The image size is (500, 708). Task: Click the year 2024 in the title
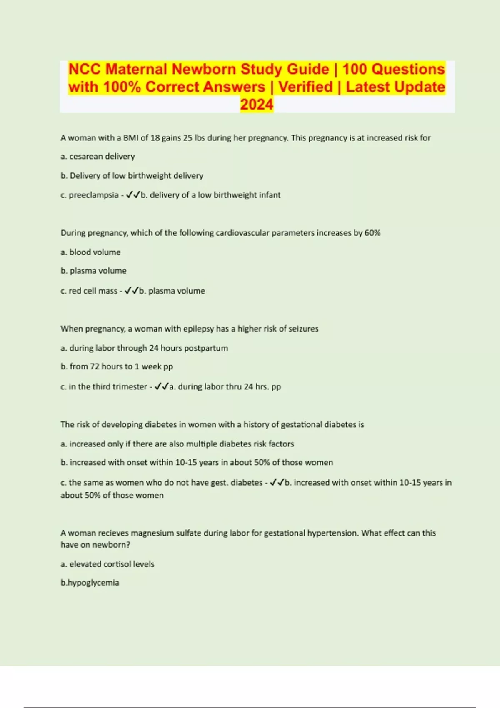tap(257, 104)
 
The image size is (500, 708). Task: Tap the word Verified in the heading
tap(305, 87)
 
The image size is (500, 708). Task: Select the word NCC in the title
tap(85, 69)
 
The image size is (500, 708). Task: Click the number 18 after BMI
tap(155, 138)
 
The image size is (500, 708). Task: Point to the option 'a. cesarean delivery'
tap(97, 157)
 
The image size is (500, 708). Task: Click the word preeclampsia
tap(93, 195)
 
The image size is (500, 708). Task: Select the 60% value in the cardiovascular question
tap(372, 233)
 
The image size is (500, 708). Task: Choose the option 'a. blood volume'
tap(90, 252)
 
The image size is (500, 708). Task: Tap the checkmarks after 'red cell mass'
tap(131, 291)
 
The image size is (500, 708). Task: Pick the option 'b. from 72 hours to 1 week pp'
tap(117, 366)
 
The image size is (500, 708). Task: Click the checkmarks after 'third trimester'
tap(161, 386)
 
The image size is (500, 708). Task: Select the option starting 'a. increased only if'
tap(177, 444)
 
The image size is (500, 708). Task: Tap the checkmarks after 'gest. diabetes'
tap(277, 482)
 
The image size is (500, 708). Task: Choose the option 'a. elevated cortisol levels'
tap(107, 564)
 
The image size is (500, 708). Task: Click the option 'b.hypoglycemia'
tap(90, 583)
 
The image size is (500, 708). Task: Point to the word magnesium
tap(152, 533)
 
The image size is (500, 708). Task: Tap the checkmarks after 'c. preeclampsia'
tap(133, 195)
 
